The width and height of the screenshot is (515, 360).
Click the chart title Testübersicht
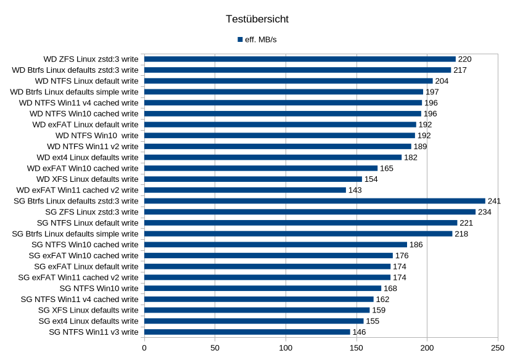coord(257,19)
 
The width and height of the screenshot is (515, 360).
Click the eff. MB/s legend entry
coord(261,39)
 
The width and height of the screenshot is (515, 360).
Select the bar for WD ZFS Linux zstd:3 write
coord(300,59)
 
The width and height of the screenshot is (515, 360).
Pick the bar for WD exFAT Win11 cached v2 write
coord(245,190)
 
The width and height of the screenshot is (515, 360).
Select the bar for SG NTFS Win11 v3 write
coord(247,332)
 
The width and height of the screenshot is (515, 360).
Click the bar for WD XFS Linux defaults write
coord(253,179)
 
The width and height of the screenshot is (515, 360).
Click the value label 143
coord(355,190)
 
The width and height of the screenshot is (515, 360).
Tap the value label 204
coord(442,81)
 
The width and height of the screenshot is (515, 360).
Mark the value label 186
coord(416,245)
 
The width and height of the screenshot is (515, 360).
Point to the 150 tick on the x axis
coord(356,348)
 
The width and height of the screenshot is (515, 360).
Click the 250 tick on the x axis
coord(498,348)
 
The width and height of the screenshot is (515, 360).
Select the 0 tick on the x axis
coord(144,348)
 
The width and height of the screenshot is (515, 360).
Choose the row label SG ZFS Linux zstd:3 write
coord(101,211)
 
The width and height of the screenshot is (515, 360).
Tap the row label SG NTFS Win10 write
coord(99,288)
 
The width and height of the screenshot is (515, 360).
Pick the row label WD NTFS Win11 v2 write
coord(93,146)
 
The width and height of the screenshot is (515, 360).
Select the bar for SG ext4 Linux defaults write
coord(253,321)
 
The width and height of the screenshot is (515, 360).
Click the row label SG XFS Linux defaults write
coord(88,309)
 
